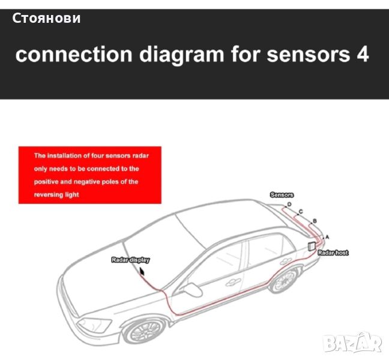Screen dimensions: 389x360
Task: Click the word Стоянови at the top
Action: click(46, 19)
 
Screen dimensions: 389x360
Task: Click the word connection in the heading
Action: click(74, 54)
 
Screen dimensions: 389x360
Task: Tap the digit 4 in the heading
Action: click(363, 54)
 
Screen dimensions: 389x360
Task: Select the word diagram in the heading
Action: click(181, 55)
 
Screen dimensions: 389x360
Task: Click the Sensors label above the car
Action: click(282, 195)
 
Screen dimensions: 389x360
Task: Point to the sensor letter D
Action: click(289, 204)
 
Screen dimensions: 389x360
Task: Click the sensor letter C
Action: click(301, 211)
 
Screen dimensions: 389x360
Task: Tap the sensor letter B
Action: click(315, 221)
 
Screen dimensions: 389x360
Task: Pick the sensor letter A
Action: click(327, 237)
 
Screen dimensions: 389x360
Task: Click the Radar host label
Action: click(333, 253)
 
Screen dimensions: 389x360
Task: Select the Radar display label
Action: click(130, 260)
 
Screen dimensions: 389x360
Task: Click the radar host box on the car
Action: click(312, 246)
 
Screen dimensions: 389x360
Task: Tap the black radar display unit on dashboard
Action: click(142, 271)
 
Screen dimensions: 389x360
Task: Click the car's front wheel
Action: click(145, 332)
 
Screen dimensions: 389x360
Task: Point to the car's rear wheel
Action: click(284, 280)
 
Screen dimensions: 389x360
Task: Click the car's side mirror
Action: click(192, 289)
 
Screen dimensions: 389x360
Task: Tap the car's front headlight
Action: click(94, 324)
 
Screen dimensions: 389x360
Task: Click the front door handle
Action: click(233, 283)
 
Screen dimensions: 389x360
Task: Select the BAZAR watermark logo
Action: click(353, 343)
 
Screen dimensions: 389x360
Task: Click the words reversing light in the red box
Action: click(56, 194)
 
